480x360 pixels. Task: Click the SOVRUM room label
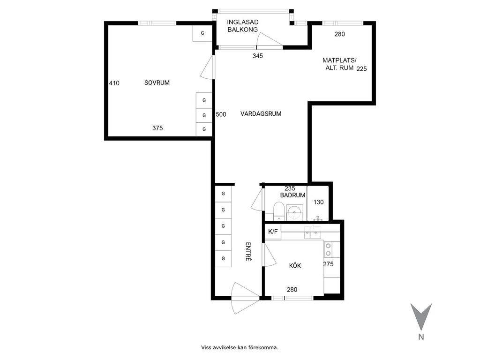(157, 82)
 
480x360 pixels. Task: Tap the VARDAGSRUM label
(261, 113)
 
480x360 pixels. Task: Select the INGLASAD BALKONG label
(242, 26)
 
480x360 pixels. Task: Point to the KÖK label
(295, 265)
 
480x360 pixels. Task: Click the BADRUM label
(292, 195)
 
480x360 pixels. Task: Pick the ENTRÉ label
(248, 252)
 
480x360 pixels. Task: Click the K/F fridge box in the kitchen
(273, 232)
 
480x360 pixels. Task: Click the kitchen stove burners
(328, 249)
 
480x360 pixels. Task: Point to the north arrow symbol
(421, 316)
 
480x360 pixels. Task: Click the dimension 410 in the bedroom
(114, 83)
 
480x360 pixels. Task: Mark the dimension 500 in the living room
(221, 114)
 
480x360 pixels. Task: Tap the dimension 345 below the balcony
(258, 56)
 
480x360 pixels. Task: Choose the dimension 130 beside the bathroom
(318, 202)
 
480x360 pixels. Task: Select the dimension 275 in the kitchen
(328, 264)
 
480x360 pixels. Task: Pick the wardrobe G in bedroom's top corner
(202, 33)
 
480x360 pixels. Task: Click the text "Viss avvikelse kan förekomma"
(240, 347)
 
